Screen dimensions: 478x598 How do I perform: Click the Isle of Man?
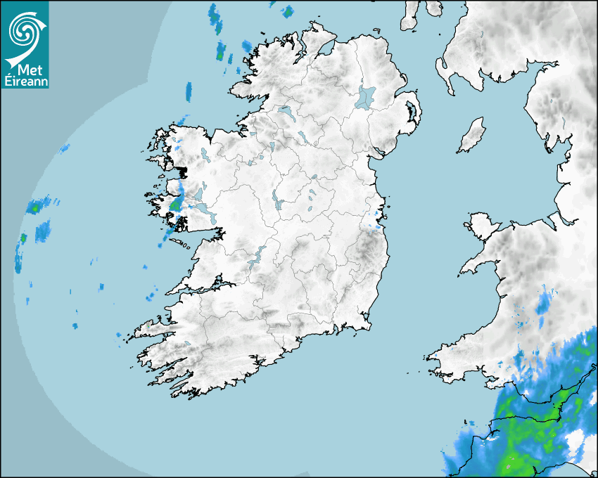tap(472, 136)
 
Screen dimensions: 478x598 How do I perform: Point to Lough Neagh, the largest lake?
tap(366, 96)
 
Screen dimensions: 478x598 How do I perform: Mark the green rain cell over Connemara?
tap(175, 205)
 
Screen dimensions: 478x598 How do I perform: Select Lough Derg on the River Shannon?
tap(256, 257)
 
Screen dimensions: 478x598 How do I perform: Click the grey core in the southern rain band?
tap(509, 465)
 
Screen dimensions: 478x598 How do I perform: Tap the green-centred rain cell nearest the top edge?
tap(286, 12)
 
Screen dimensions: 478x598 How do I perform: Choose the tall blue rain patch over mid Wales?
tap(543, 304)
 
